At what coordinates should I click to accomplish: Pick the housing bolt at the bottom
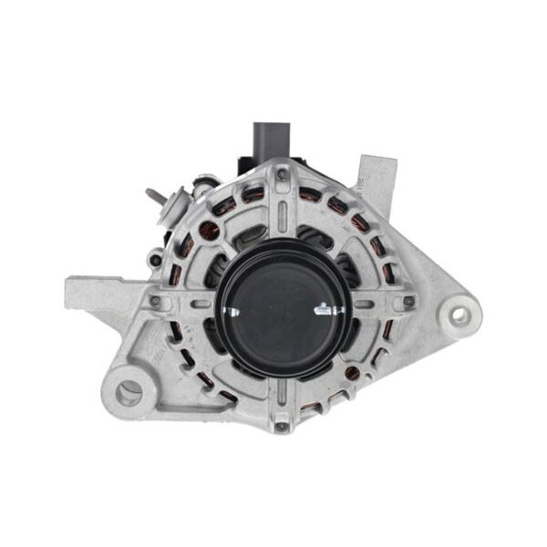point(281,425)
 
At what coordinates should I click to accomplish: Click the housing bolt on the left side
point(155,301)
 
